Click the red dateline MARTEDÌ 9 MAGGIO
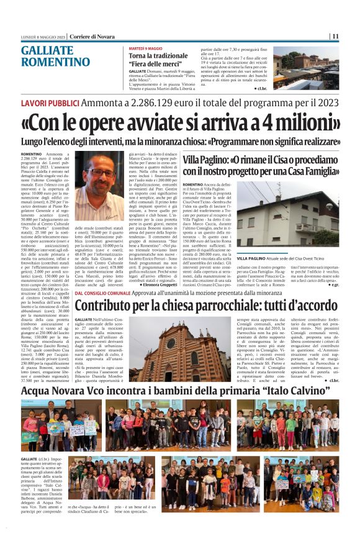[146, 48]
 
